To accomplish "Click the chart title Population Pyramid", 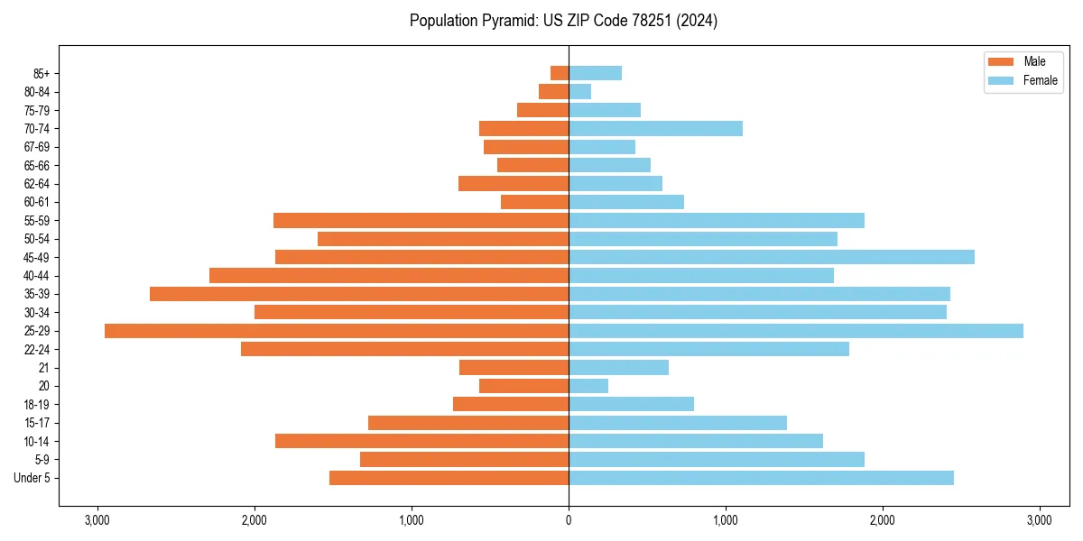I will pyautogui.click(x=563, y=21).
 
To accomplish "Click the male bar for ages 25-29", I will pyautogui.click(x=337, y=331).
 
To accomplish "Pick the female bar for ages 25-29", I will pyautogui.click(x=795, y=331).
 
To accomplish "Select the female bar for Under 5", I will pyautogui.click(x=761, y=478).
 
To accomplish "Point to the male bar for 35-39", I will pyautogui.click(x=359, y=294).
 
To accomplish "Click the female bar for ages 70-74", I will pyautogui.click(x=655, y=129).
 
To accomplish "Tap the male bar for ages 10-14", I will pyautogui.click(x=421, y=441).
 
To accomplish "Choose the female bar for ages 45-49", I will pyautogui.click(x=772, y=257).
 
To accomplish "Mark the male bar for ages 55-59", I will pyautogui.click(x=421, y=221).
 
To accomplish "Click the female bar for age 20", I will pyautogui.click(x=588, y=386).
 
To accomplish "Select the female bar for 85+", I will pyautogui.click(x=595, y=73).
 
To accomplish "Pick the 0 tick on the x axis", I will pyautogui.click(x=569, y=520).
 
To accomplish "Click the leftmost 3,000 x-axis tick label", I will pyautogui.click(x=97, y=520).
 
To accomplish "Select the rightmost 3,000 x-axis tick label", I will pyautogui.click(x=1039, y=520).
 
